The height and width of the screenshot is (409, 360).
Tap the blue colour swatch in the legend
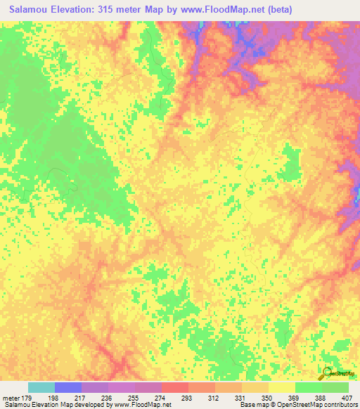(x=68, y=387)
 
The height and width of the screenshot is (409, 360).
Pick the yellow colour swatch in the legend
(x=282, y=387)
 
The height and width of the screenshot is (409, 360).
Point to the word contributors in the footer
(x=340, y=405)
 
